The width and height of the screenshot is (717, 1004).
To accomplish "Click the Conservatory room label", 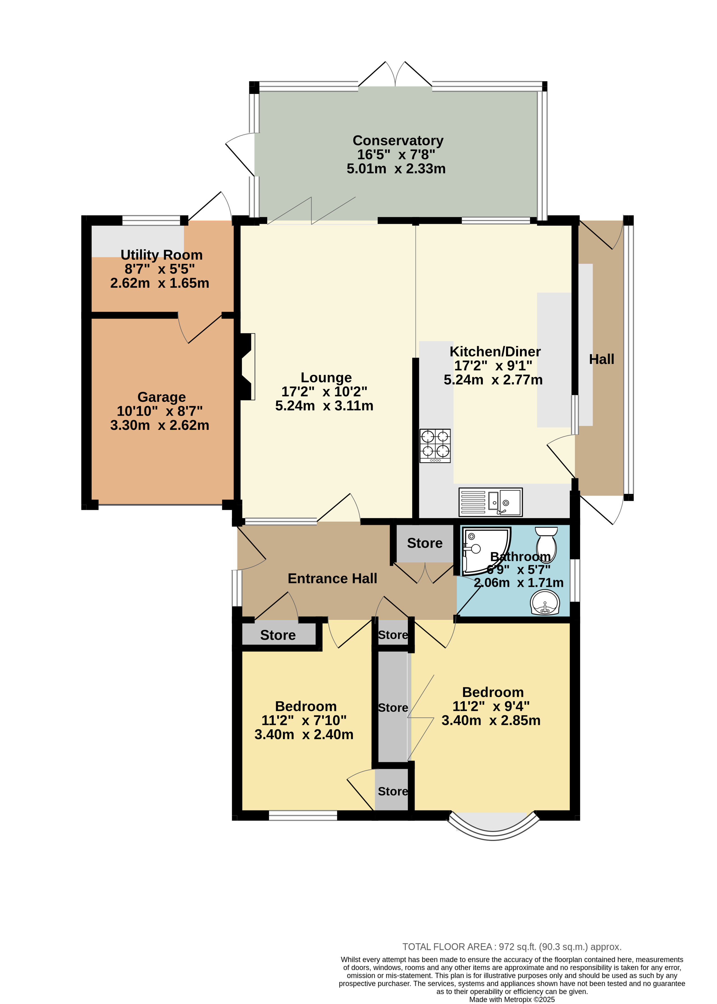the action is click(x=398, y=140).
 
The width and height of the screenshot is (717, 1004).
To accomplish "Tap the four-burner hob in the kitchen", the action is click(x=435, y=446).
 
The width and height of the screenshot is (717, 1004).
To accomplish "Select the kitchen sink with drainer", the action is click(x=491, y=502).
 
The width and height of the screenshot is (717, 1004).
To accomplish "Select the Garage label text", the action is click(x=162, y=397).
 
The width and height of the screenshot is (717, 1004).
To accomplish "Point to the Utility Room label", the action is click(x=162, y=255).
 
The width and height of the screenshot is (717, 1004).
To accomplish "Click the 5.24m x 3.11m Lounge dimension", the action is click(x=324, y=406).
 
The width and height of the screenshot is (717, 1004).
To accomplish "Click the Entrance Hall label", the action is click(x=333, y=578).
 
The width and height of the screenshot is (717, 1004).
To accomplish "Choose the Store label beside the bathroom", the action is click(x=425, y=543).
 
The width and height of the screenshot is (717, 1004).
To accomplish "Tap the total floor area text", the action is click(x=512, y=946).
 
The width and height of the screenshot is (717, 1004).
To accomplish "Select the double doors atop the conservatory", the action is click(x=395, y=74).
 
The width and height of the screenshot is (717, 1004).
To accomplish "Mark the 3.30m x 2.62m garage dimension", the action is click(x=160, y=425).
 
